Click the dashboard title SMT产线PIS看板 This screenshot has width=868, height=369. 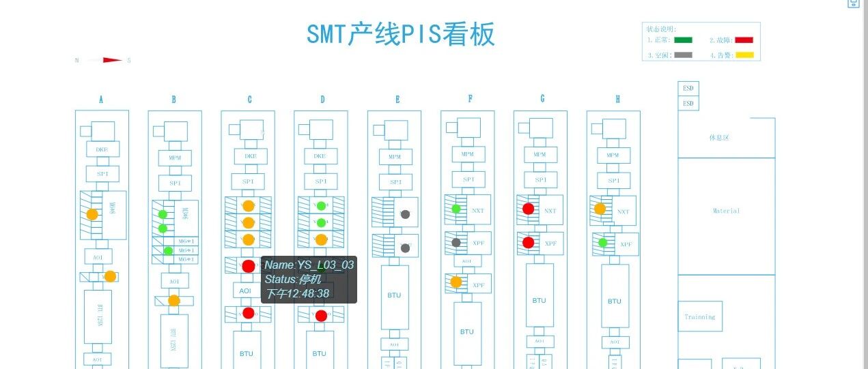click(x=400, y=34)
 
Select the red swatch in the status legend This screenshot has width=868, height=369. click(x=744, y=40)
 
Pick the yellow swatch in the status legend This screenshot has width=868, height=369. click(x=744, y=55)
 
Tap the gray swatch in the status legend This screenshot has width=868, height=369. click(x=683, y=55)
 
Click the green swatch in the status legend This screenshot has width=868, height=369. click(x=683, y=40)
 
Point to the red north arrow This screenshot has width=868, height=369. click(x=112, y=60)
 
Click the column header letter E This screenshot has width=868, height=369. click(x=397, y=100)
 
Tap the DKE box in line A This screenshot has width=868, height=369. click(x=102, y=149)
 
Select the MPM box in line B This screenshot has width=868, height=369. click(x=175, y=158)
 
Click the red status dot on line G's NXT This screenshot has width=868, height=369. click(x=528, y=209)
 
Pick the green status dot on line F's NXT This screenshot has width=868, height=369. click(x=456, y=209)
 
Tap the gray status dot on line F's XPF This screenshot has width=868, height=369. click(x=456, y=242)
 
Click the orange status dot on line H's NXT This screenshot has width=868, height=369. click(x=600, y=209)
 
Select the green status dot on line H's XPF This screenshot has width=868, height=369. click(x=603, y=242)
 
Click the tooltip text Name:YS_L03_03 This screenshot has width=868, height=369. click(x=309, y=265)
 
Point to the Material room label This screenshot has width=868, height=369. click(x=726, y=211)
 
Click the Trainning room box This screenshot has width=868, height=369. click(x=700, y=316)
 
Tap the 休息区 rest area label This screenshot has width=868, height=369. click(x=720, y=138)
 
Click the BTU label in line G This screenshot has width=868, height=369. click(x=540, y=300)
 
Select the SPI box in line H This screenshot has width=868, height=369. click(x=613, y=181)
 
